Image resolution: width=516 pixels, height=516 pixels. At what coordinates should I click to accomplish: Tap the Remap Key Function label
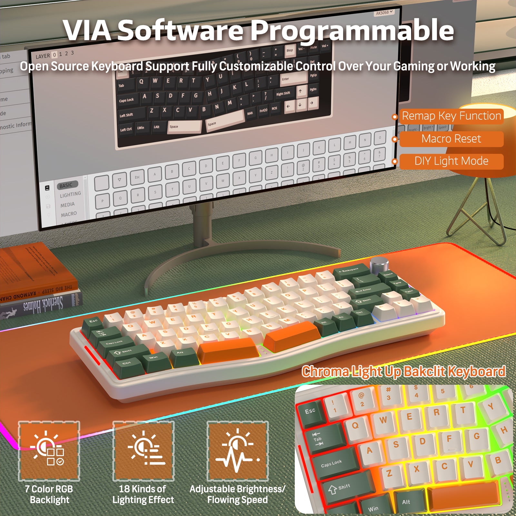tap(451, 116)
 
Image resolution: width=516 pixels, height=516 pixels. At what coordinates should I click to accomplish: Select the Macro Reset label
tap(451, 139)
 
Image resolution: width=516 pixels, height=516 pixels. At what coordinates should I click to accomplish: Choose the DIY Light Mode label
tap(451, 161)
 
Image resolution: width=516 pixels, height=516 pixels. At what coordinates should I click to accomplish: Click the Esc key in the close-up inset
tap(310, 411)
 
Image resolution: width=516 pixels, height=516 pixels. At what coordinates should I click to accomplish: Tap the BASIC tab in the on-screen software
tap(66, 185)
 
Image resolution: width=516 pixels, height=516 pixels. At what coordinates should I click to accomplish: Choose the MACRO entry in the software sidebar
tap(69, 214)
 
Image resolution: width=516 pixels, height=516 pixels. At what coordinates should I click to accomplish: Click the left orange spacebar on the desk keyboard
tap(227, 350)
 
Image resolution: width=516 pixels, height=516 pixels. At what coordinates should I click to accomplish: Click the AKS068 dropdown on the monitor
tap(384, 13)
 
